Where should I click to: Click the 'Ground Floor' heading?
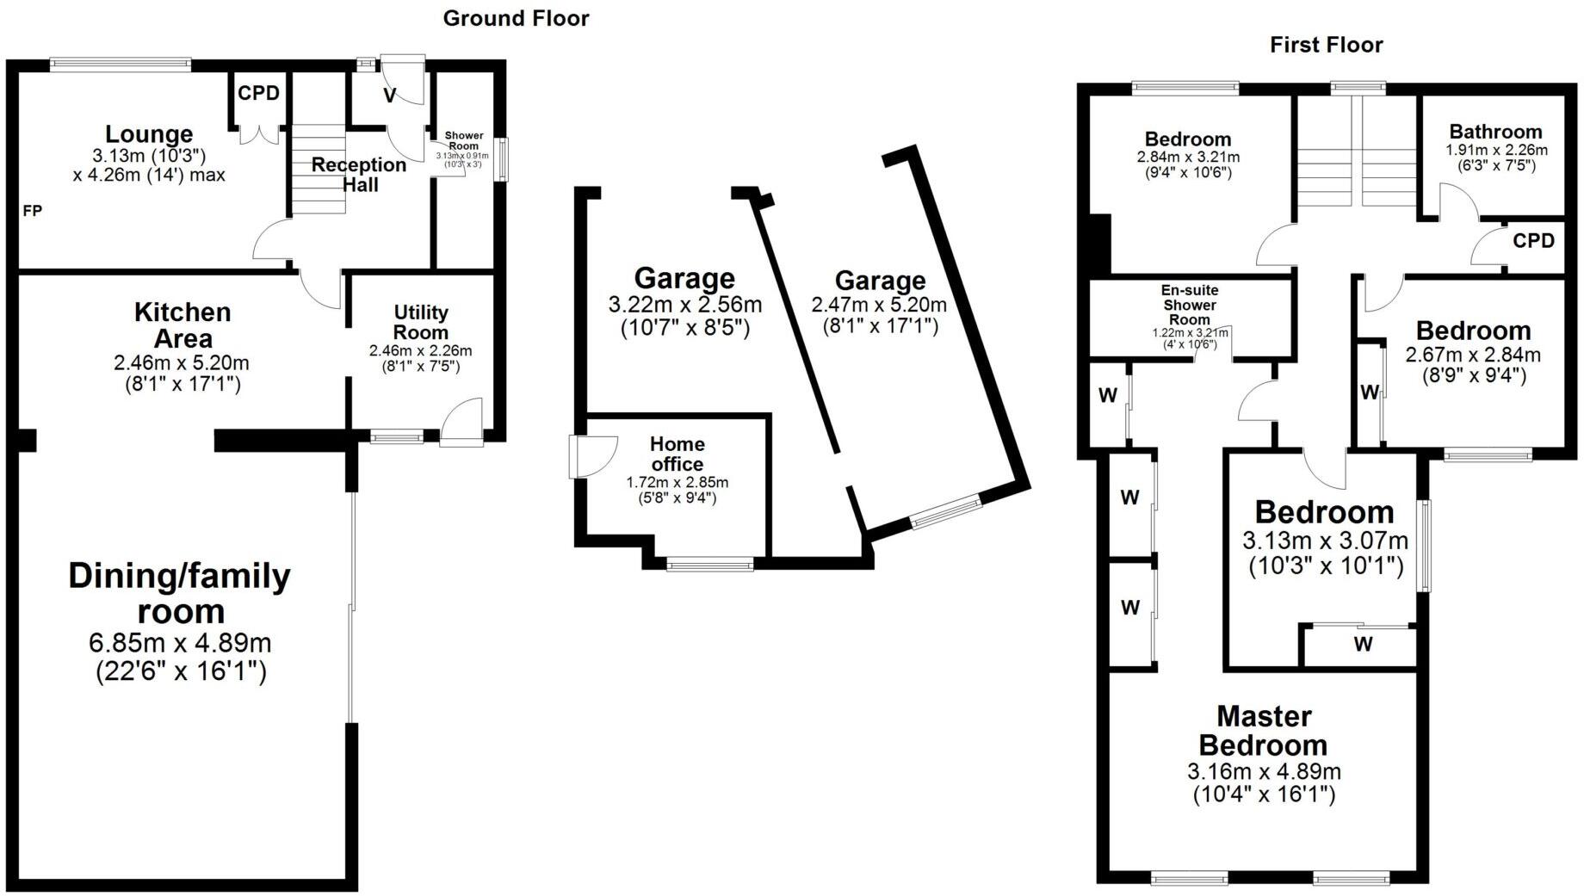click(516, 19)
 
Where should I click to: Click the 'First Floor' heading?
click(1326, 45)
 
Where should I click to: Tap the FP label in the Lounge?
click(32, 211)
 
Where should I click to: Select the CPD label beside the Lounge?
click(258, 93)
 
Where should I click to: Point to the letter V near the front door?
click(389, 96)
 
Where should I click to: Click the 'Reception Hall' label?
click(359, 175)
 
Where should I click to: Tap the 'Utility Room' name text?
click(421, 323)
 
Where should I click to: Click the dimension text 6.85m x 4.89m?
click(180, 643)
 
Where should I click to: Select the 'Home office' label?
click(677, 454)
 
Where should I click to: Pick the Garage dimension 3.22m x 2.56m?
click(684, 305)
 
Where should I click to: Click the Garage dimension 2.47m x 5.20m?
click(879, 305)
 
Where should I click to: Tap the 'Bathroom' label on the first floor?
click(1495, 132)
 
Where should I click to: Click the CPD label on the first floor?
click(1533, 241)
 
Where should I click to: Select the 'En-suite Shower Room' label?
click(1190, 305)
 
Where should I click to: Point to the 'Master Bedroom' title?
click(1264, 730)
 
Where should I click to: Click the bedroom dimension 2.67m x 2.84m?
click(1473, 355)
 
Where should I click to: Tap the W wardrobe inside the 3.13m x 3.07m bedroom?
click(1363, 644)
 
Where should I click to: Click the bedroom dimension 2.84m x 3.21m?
click(1188, 158)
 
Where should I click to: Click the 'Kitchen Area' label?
click(183, 324)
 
